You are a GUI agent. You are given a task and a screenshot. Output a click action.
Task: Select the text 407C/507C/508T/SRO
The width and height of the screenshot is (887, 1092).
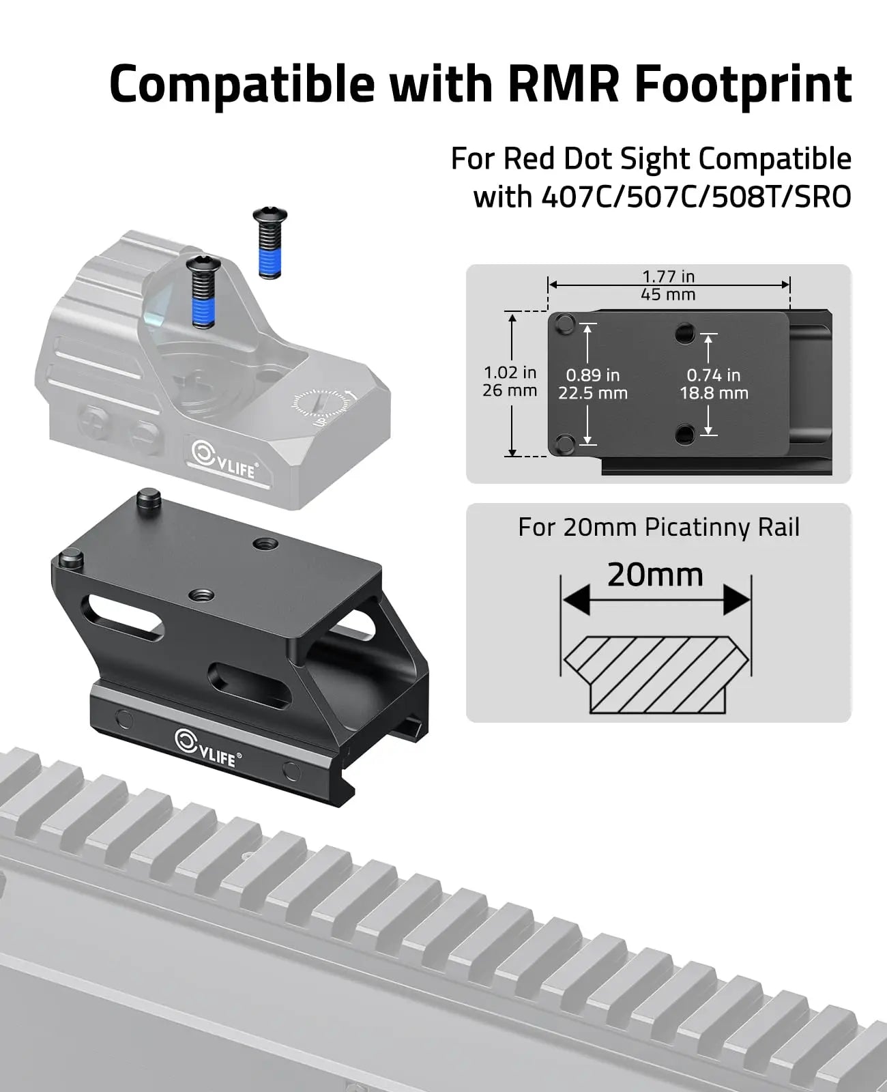[695, 197]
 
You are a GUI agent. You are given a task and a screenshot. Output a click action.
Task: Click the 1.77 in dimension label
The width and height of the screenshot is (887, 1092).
[668, 276]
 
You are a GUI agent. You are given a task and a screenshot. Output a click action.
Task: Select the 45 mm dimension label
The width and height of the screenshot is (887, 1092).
[668, 295]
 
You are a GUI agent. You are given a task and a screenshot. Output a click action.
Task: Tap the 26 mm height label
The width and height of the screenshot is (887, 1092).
[510, 391]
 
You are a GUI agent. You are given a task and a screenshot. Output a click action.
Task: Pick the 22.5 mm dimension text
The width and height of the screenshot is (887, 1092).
[593, 394]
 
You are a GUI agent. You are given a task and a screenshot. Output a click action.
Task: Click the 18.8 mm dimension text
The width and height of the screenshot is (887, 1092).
[714, 394]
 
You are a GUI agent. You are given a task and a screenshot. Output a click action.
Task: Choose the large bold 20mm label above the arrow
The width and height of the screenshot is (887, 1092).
[655, 575]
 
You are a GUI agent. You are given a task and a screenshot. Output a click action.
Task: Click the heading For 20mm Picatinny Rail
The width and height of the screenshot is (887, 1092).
[658, 528]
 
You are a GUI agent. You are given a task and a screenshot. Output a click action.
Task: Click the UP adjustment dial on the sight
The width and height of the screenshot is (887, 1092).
[319, 408]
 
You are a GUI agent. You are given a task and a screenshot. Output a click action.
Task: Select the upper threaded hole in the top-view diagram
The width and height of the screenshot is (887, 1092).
[685, 334]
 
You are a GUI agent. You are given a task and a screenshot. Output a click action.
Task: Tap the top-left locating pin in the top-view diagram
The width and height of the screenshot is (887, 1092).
[565, 324]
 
